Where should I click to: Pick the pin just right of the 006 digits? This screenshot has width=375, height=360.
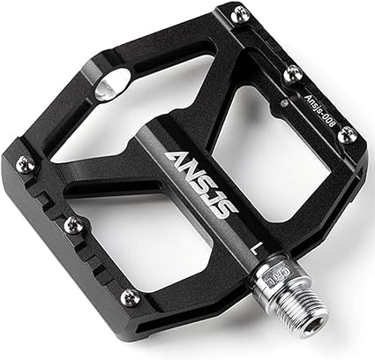pos(348,134)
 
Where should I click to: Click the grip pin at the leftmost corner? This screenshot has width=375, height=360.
pos(24,163)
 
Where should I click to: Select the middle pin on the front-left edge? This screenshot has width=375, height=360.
pos(72,225)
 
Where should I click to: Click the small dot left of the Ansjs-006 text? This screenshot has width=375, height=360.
pos(283,102)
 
